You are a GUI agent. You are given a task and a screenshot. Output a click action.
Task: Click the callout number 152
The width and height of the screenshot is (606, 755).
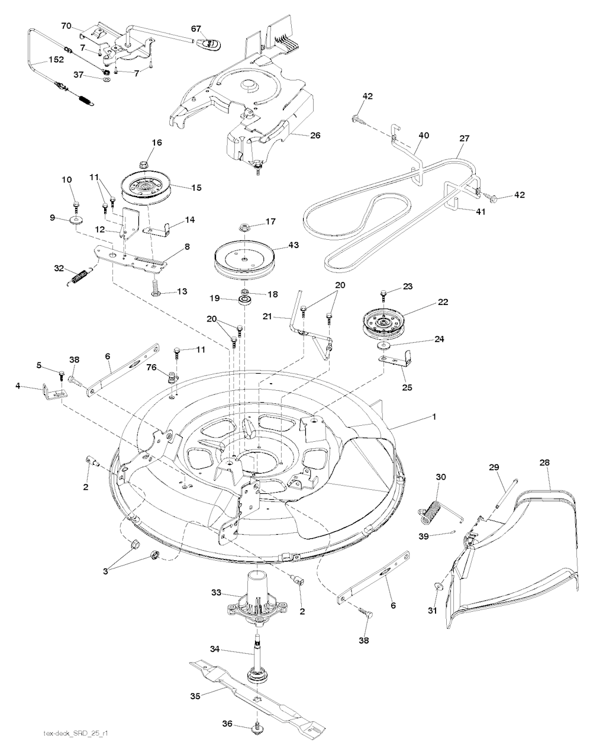coord(56,60)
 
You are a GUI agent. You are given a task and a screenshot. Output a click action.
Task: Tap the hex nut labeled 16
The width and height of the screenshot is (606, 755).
coord(143,163)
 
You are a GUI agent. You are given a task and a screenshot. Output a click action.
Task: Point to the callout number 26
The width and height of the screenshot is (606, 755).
coord(315,135)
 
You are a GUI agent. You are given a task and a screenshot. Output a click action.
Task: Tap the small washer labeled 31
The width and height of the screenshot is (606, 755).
coord(438,584)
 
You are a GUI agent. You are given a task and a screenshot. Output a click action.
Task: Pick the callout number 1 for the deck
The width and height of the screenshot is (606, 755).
coord(434,417)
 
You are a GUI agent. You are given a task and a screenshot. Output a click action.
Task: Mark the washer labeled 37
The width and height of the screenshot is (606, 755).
coord(106,84)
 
